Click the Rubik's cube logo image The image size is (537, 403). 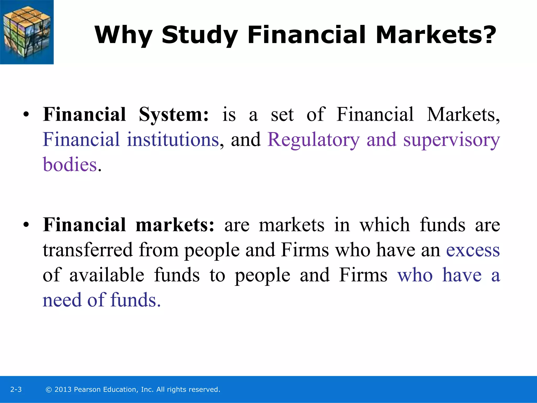pos(27,32)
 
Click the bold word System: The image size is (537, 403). pos(174,115)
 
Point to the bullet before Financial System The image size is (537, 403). pos(26,115)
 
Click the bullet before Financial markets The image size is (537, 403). pos(26,225)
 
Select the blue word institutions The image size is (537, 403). pos(173,140)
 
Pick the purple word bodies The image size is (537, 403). pos(70,165)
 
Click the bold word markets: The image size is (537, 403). pos(175,225)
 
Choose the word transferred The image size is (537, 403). pos(88,250)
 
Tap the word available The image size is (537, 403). pos(107,275)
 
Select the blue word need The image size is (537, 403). pos(62,300)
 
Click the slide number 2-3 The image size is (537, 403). pos(16,389)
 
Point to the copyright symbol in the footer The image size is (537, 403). pos(49,390)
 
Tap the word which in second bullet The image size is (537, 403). pos(385,225)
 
